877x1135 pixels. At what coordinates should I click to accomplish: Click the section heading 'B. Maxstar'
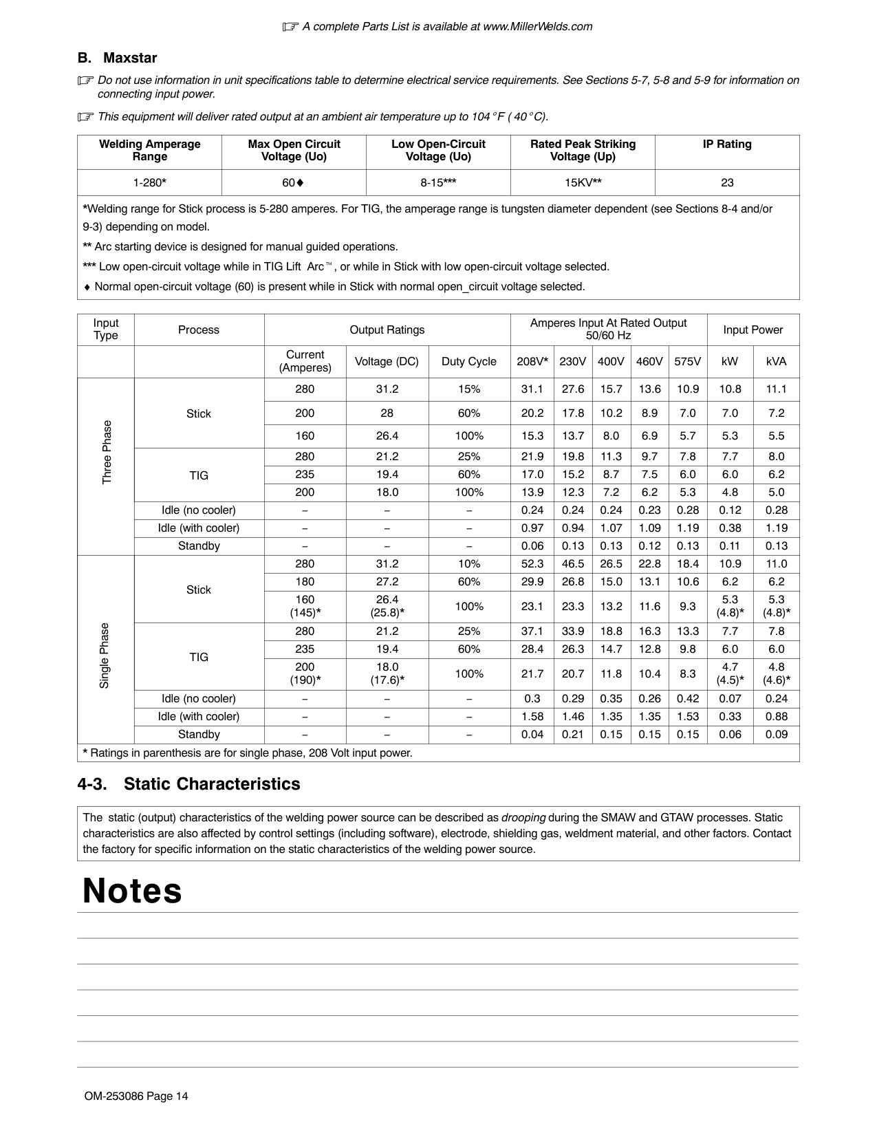click(117, 58)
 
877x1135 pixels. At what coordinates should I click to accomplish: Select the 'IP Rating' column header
click(727, 144)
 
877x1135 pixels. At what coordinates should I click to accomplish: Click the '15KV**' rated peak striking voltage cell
click(583, 183)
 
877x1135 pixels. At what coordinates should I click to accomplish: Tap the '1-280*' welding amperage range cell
click(149, 183)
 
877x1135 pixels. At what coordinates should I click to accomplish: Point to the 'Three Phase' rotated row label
click(107, 452)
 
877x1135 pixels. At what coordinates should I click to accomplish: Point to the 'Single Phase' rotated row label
click(105, 656)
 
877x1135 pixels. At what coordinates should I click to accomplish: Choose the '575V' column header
click(688, 362)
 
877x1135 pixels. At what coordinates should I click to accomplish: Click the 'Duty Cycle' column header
click(469, 362)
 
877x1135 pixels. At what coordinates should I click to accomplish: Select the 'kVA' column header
click(777, 362)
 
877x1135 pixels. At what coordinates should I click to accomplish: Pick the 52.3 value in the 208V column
click(532, 564)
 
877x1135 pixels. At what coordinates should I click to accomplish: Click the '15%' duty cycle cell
click(469, 389)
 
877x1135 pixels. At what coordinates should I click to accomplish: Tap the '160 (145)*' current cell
click(305, 606)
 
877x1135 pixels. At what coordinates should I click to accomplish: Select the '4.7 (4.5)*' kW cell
click(730, 673)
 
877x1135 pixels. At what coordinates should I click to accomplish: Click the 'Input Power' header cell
click(753, 330)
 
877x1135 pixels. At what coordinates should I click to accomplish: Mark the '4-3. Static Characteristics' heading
click(189, 784)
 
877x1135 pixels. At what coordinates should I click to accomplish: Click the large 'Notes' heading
click(132, 891)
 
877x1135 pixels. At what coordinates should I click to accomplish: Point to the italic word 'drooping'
click(523, 818)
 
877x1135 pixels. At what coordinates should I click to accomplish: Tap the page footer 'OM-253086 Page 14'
click(136, 1096)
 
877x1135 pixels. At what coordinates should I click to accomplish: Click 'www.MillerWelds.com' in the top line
click(537, 27)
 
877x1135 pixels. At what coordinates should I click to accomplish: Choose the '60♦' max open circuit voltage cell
click(294, 183)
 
